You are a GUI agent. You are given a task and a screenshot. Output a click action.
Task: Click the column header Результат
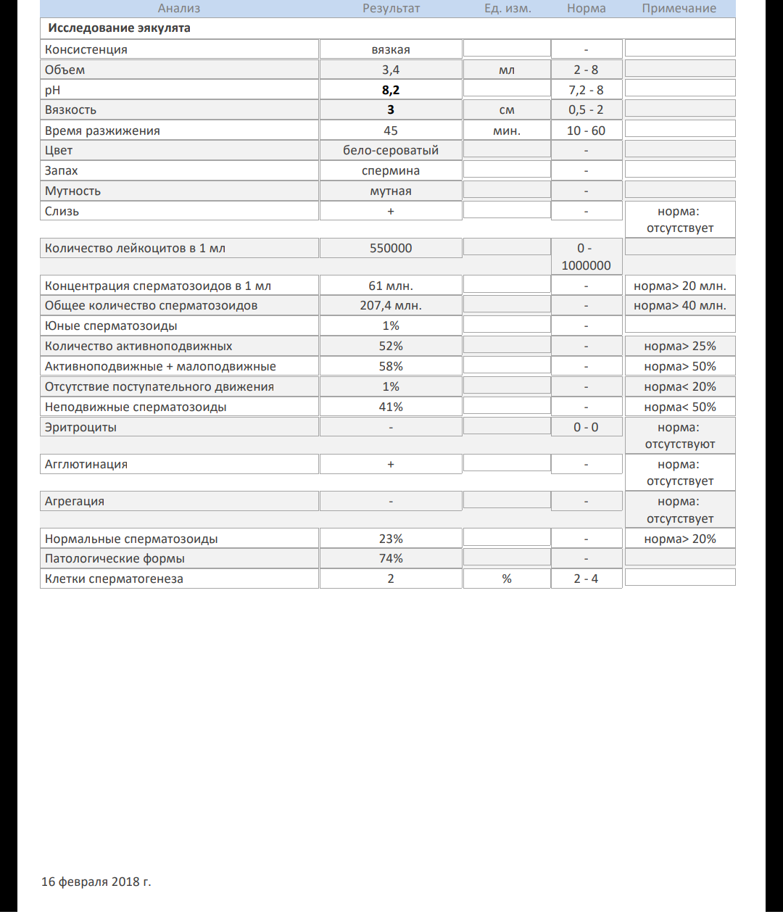click(x=391, y=9)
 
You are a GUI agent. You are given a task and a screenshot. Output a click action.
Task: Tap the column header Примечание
click(x=679, y=9)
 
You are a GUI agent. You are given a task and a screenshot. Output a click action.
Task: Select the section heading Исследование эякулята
click(x=119, y=28)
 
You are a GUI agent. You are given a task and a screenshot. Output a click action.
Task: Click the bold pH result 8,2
click(x=391, y=90)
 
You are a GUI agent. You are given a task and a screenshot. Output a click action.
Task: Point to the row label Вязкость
click(x=70, y=110)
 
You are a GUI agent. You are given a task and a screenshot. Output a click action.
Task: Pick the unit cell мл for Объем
click(x=507, y=70)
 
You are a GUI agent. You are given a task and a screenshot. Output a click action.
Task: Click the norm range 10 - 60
click(x=586, y=130)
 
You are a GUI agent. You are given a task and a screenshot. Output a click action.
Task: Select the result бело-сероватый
click(x=391, y=151)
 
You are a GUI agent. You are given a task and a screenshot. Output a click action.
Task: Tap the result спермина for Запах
click(x=391, y=171)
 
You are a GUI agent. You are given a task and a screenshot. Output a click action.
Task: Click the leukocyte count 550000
click(x=391, y=248)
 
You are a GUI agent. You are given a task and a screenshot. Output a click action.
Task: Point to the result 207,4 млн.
click(x=391, y=306)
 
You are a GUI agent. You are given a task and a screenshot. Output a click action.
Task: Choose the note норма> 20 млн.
click(x=679, y=286)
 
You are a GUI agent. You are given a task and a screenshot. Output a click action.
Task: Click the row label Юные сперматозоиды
click(x=111, y=326)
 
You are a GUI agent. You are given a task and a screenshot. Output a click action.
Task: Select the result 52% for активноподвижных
click(x=391, y=347)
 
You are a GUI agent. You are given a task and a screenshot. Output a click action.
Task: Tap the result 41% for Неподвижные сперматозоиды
click(x=391, y=407)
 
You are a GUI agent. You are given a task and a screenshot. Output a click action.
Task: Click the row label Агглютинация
click(x=86, y=465)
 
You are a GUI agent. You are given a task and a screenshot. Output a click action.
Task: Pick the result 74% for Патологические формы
click(x=391, y=559)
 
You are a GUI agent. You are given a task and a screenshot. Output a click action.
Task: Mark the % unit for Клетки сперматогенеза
click(x=507, y=579)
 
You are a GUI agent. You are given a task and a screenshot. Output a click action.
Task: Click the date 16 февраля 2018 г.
click(x=96, y=882)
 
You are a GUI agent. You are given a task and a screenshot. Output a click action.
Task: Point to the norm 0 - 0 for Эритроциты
click(x=586, y=428)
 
